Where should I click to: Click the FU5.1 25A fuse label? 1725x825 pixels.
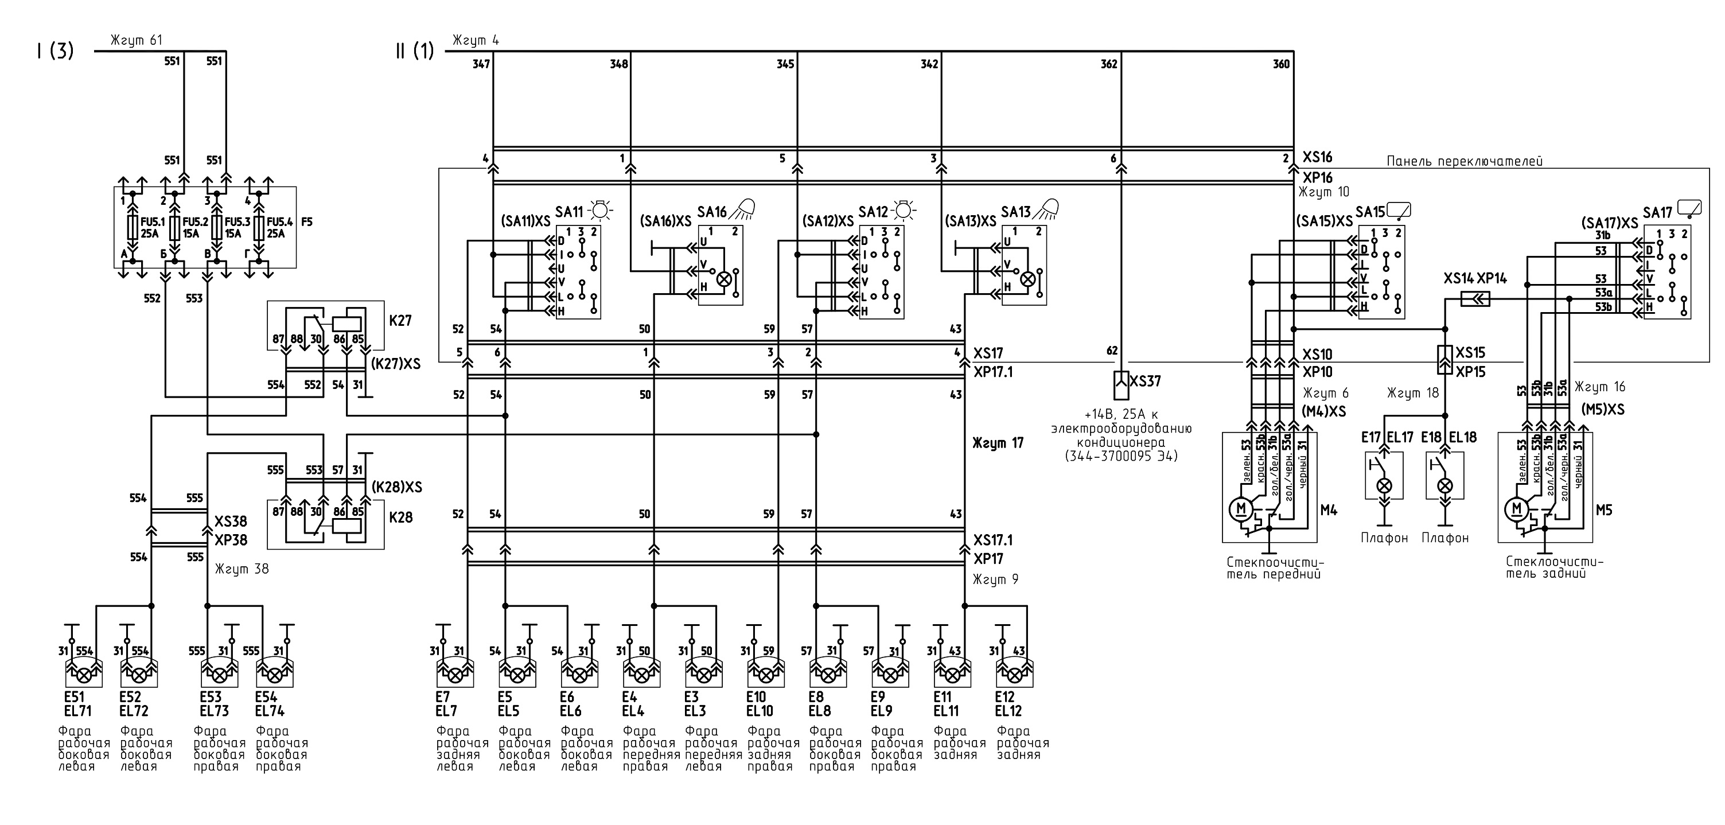point(149,228)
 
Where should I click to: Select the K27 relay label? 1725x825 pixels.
point(400,321)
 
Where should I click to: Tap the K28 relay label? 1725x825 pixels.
point(400,517)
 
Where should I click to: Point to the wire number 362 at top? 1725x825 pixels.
point(1109,64)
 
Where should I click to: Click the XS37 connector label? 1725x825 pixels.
point(1145,381)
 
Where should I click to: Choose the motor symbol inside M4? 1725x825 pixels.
point(1240,509)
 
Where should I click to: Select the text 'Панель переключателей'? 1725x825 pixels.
point(1465,161)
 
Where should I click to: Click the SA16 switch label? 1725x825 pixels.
point(712,212)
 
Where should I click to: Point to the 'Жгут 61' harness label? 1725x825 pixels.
point(137,41)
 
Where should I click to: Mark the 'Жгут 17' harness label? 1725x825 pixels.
point(998,443)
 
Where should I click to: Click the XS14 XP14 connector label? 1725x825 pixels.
point(1475,279)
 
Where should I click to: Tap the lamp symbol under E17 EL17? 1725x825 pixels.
point(1384,485)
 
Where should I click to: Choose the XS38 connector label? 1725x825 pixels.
point(231,522)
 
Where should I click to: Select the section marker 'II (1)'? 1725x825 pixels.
point(415,51)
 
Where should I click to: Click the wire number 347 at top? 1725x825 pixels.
point(481,64)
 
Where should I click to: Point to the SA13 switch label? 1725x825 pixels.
point(1016,212)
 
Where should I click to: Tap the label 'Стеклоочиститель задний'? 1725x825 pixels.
point(1555,567)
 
